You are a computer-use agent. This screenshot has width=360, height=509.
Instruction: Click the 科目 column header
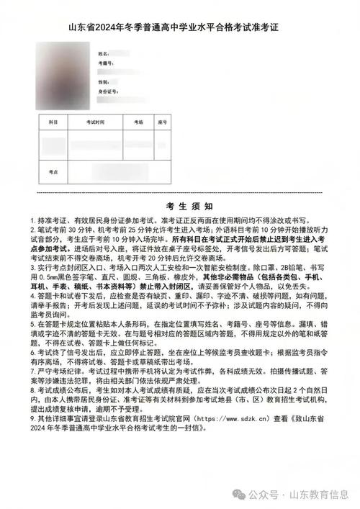tap(53, 123)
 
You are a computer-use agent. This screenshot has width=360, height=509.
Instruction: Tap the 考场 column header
tap(138, 123)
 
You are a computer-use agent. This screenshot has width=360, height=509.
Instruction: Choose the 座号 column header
tap(162, 123)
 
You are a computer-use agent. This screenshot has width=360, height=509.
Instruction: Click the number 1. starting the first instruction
tap(32, 219)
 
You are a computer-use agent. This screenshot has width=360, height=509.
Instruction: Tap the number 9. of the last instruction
tap(32, 418)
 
